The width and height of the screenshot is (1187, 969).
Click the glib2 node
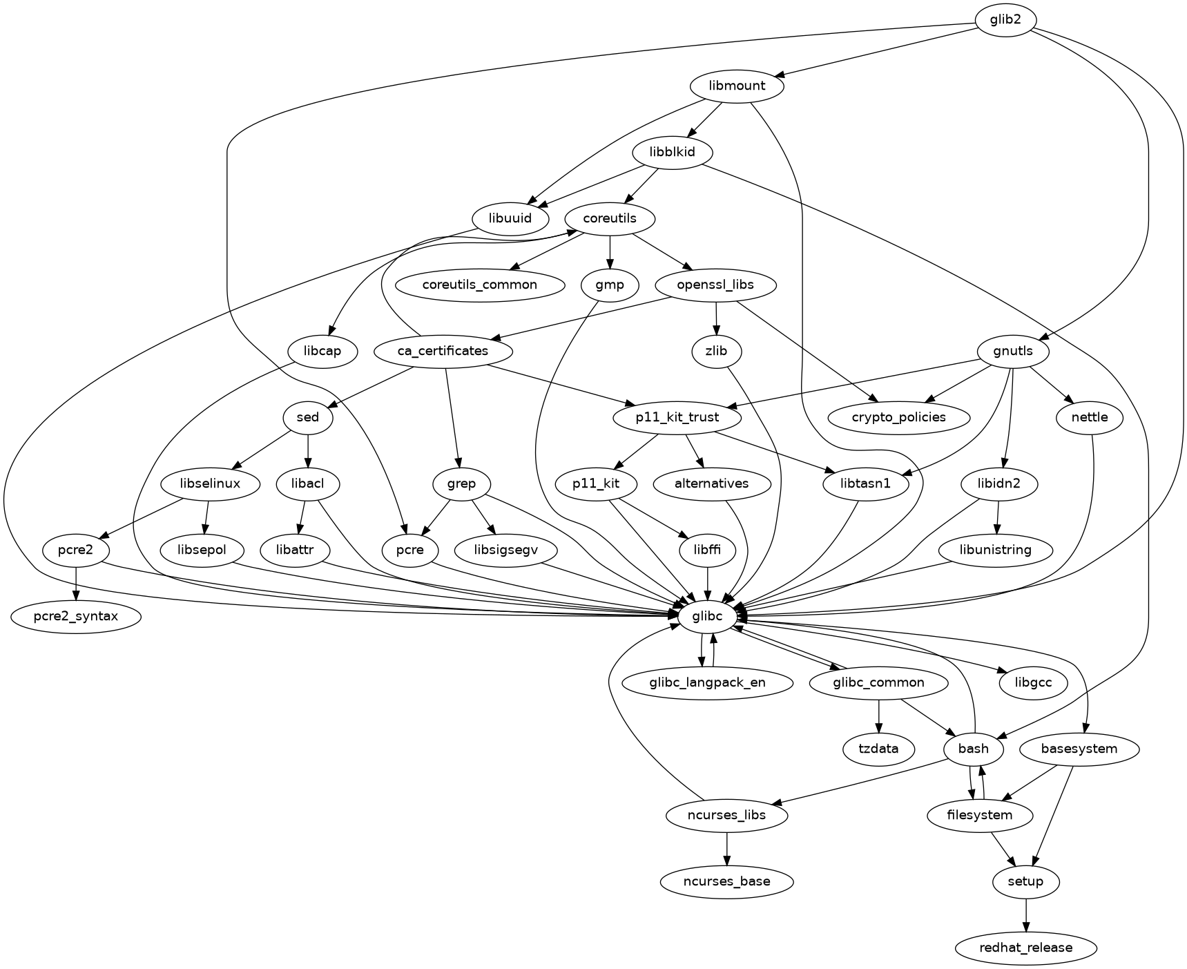pos(1005,20)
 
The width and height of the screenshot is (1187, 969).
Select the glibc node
pos(707,616)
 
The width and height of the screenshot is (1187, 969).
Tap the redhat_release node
pos(1025,948)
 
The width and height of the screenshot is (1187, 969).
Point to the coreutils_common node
pos(480,285)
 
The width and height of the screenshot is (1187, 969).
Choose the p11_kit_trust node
pos(677,417)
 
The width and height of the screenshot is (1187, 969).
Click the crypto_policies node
pos(898,417)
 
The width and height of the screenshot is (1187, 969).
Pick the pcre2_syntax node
pos(76,616)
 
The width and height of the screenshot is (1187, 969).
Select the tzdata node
pos(878,749)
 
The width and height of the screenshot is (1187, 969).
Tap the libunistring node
pos(995,550)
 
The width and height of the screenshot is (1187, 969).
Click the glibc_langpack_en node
pos(707,682)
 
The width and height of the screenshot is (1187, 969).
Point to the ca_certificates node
pos(443,351)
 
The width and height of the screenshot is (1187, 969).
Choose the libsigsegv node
pos(506,550)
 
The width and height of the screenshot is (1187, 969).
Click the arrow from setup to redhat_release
pos(1025,914)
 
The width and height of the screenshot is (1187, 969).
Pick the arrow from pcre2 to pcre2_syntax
pos(76,583)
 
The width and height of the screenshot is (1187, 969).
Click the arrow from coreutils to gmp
pos(610,251)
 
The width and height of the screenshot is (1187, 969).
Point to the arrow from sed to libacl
pos(308,450)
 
